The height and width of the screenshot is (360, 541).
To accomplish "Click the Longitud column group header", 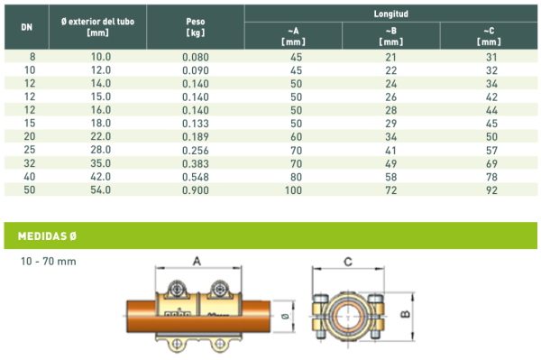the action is tap(391, 14).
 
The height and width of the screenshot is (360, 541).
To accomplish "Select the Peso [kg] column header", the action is tap(196, 27).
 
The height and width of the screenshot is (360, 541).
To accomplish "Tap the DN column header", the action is tap(26, 27).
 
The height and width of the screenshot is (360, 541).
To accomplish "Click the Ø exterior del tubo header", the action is tap(97, 27).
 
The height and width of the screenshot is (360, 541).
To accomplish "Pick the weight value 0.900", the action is tap(196, 190).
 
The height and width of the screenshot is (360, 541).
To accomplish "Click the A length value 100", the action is tap(293, 190).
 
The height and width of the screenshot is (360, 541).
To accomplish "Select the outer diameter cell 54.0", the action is tap(101, 189).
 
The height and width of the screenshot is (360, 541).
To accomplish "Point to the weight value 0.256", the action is tap(196, 150).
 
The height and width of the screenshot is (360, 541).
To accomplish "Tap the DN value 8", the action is tap(32, 57).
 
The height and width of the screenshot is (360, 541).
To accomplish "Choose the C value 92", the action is tap(491, 190).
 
